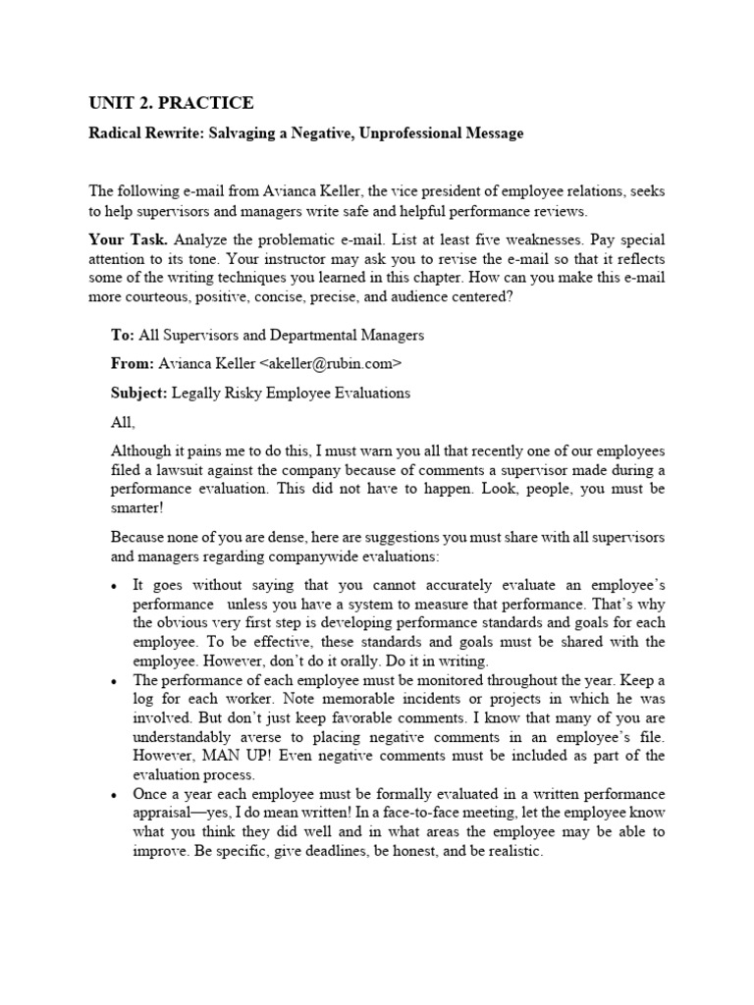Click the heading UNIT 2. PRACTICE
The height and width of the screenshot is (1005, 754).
coord(172,103)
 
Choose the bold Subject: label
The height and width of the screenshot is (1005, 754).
coord(140,393)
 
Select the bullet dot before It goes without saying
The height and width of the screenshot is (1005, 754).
coord(115,585)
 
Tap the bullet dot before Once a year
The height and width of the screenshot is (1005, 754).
coord(115,793)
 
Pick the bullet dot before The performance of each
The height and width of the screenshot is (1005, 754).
coord(115,680)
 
